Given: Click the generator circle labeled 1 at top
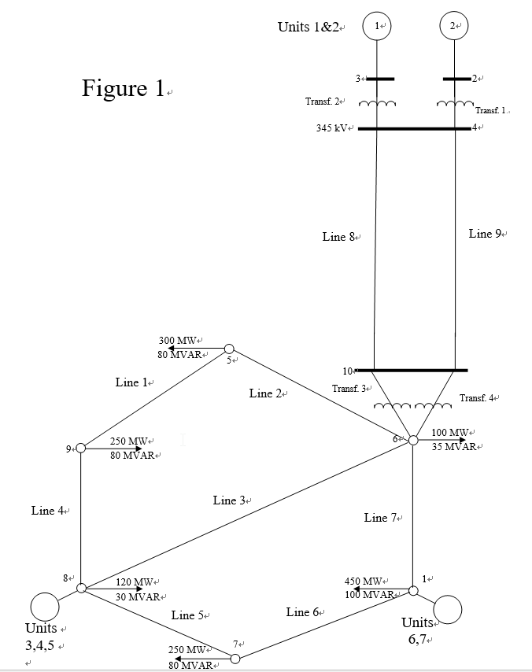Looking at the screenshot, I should click(x=377, y=26).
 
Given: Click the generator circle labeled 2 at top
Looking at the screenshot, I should click(x=454, y=26).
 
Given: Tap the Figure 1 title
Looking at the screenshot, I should click(x=123, y=89).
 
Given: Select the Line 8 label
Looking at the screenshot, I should click(x=338, y=237).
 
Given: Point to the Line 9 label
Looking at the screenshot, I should click(x=485, y=234).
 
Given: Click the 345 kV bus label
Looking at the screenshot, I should click(x=332, y=127).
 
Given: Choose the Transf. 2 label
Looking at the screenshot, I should click(x=322, y=102).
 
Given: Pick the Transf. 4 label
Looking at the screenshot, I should click(x=476, y=398).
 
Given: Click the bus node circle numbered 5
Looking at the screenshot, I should click(x=229, y=349).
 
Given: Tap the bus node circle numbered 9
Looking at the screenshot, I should click(x=81, y=448).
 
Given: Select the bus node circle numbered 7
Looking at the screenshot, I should click(x=235, y=658).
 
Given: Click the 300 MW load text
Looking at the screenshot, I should click(x=177, y=341).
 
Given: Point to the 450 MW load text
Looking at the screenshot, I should click(x=363, y=582).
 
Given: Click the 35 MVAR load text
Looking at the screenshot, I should click(x=453, y=446).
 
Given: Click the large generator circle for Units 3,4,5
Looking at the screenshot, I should click(x=43, y=607).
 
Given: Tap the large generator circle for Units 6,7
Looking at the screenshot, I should click(x=447, y=609).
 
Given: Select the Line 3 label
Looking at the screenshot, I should click(x=229, y=500).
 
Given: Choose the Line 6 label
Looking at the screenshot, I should click(x=302, y=612).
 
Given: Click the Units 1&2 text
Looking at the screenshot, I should click(x=308, y=27).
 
